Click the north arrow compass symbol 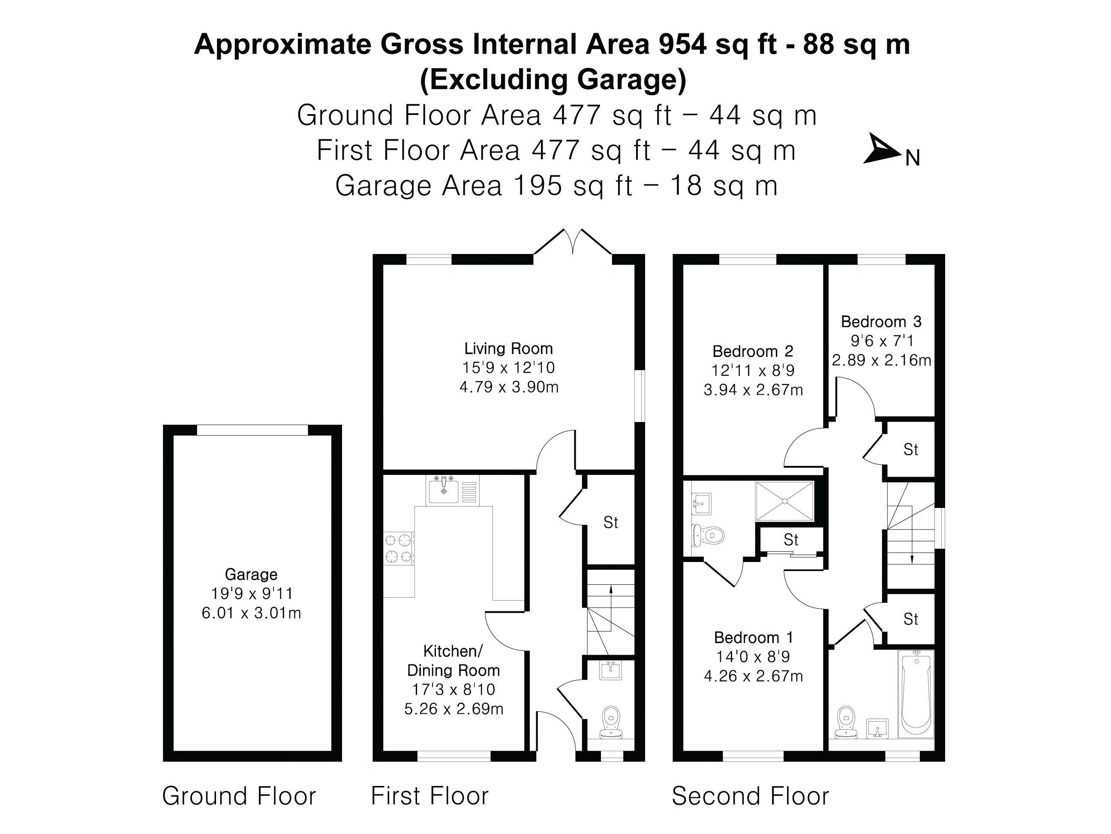883,149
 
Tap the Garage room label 251,574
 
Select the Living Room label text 508,348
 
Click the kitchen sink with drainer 452,490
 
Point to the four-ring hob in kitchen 399,548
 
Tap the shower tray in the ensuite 784,501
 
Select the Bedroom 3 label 881,322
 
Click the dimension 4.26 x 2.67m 753,676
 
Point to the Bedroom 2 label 752,351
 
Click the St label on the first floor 610,523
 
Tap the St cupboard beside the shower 790,540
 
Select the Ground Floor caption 239,796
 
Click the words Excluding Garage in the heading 553,79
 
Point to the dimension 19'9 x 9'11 252,594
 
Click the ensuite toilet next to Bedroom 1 707,535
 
